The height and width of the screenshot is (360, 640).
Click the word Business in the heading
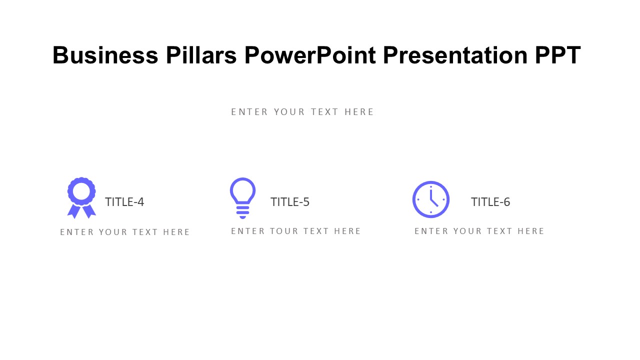pos(105,55)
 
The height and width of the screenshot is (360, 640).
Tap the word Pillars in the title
pos(201,55)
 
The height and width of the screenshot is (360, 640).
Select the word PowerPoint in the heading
pos(310,55)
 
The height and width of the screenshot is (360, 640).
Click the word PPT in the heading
pos(558,55)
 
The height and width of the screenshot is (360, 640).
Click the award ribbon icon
pos(81,197)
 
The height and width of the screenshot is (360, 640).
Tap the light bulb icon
pos(243,198)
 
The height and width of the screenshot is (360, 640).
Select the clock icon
pos(431,199)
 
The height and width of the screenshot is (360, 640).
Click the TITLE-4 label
pos(124,202)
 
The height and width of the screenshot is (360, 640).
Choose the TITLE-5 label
pos(290,202)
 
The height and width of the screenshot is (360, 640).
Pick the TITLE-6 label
pos(490,202)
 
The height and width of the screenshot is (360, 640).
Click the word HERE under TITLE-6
pos(531,231)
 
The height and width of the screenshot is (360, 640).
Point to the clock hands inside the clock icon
pos(433,197)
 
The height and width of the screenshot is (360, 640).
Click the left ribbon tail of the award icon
pos(74,211)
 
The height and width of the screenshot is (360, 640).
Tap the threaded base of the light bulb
pos(243,212)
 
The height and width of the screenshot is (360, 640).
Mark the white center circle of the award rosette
pos(81,191)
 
